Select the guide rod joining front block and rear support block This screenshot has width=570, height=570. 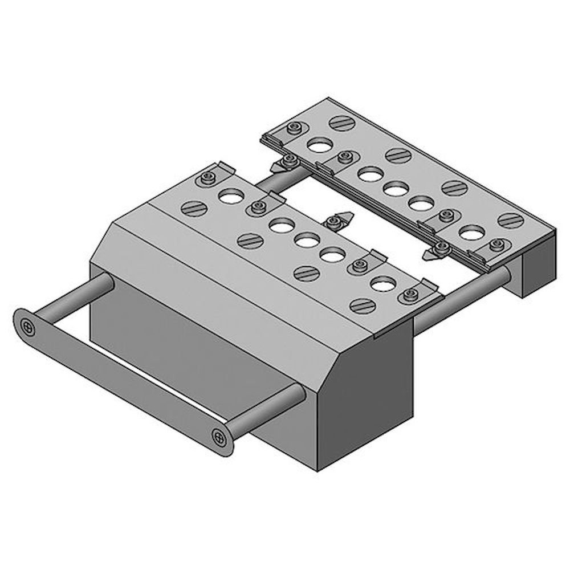click(462, 299)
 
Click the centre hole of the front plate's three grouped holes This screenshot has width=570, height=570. click(307, 241)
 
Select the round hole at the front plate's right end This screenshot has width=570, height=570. click(383, 283)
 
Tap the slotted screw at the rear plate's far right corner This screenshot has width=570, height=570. click(511, 220)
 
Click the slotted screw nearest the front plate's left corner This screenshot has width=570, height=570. click(194, 208)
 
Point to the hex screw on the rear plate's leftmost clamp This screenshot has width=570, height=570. click(294, 128)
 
